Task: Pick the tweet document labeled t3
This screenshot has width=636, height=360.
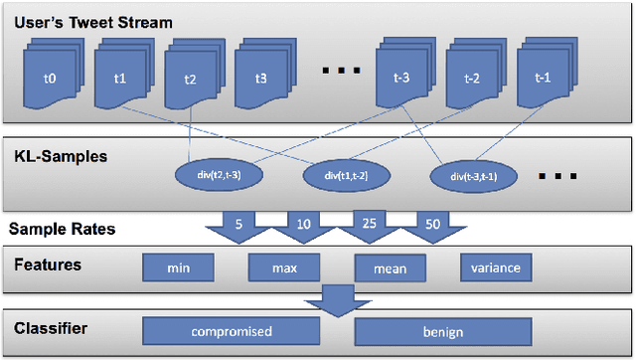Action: pos(260,77)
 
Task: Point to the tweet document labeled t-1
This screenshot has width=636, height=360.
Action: pos(543,77)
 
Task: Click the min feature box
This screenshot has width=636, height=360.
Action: pos(179,268)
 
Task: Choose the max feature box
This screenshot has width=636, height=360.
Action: pos(284,268)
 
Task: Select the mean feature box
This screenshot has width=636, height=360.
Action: pos(390,268)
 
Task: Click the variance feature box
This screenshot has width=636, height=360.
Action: pos(496,268)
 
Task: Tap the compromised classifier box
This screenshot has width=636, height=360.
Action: pos(232,331)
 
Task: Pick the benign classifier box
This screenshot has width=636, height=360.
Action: pos(442,331)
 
